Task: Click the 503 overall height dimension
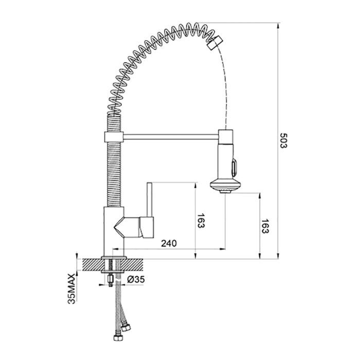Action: (x=283, y=140)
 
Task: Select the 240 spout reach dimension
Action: (x=169, y=243)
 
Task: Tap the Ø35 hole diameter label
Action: (x=136, y=279)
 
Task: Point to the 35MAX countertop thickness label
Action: (x=71, y=289)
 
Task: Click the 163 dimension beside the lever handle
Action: (x=201, y=221)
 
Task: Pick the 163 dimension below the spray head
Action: (x=265, y=226)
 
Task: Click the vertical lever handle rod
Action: (x=150, y=200)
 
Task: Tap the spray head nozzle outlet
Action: (x=225, y=191)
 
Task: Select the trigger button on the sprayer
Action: (x=234, y=168)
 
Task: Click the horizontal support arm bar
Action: (x=171, y=137)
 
